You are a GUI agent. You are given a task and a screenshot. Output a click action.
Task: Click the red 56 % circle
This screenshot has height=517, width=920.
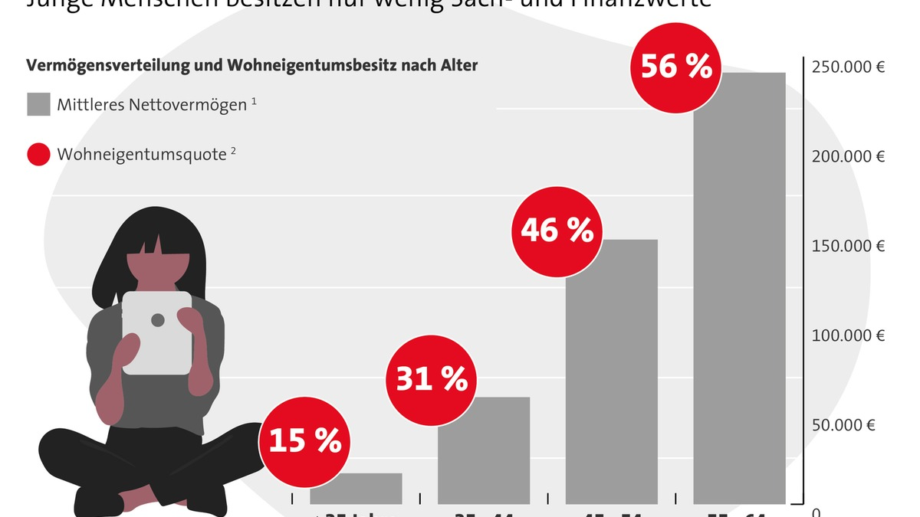[x=675, y=67]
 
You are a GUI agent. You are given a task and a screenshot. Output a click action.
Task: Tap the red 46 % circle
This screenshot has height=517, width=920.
[x=557, y=230]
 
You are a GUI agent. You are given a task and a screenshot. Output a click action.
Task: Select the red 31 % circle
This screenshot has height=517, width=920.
[x=431, y=378]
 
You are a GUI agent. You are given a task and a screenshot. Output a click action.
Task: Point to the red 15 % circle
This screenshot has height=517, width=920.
[x=304, y=442]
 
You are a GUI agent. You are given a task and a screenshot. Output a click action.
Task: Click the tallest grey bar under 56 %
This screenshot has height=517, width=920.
[x=739, y=291]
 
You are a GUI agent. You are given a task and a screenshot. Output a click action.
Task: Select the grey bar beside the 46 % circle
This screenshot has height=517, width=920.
[x=611, y=375]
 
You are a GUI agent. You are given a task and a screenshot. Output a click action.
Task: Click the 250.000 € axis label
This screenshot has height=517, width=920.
[x=848, y=67]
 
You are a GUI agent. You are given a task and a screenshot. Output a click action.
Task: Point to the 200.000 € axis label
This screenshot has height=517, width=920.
[x=848, y=156]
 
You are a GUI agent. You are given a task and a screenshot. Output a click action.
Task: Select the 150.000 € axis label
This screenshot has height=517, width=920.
[x=848, y=246]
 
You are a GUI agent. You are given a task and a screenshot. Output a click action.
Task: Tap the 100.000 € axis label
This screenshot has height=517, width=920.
[x=848, y=335]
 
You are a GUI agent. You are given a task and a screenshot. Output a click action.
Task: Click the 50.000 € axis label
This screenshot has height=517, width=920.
[x=843, y=425]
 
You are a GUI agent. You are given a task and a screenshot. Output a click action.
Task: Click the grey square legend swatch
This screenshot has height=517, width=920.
[x=38, y=104]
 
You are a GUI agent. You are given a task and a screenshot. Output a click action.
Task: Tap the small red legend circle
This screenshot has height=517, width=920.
[x=38, y=155]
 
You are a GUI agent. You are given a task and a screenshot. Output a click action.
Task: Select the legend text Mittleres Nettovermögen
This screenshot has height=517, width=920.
[x=151, y=104]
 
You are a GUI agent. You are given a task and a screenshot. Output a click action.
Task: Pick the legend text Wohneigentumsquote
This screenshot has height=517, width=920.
[x=141, y=155]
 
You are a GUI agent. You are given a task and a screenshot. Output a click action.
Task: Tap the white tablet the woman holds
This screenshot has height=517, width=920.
[x=157, y=333]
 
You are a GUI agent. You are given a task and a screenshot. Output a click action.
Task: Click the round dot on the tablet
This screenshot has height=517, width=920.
[x=157, y=319]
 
